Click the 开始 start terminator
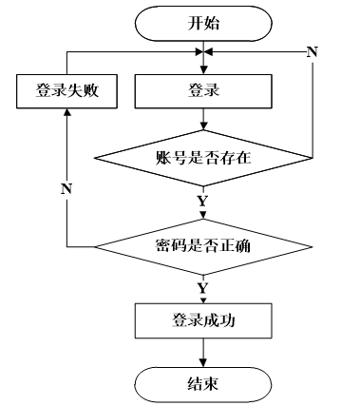(x=203, y=24)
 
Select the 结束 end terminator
(x=203, y=385)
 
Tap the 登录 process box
(x=203, y=91)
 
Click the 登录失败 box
(x=66, y=91)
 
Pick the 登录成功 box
(x=203, y=320)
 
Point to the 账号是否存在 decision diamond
(x=203, y=158)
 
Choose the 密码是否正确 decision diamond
(x=203, y=246)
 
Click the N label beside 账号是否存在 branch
(x=313, y=51)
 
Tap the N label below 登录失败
(x=66, y=189)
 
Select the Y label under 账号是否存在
(x=202, y=202)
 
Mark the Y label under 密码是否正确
(x=202, y=288)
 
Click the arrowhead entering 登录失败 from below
(x=66, y=112)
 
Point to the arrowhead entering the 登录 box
(x=203, y=70)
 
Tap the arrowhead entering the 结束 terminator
(x=203, y=363)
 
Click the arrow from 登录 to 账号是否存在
(x=203, y=119)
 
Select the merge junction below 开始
(x=203, y=51)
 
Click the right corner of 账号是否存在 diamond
(x=313, y=158)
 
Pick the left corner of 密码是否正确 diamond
(x=95, y=246)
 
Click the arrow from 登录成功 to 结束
(x=203, y=353)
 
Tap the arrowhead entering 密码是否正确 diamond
(x=203, y=216)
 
